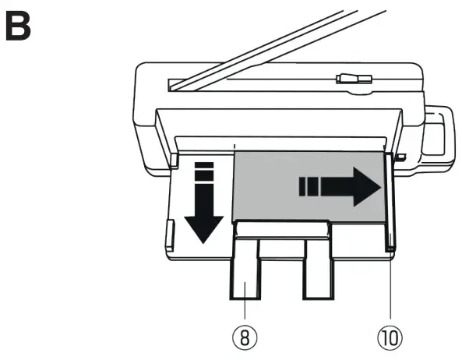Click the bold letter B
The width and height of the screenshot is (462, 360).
(x=19, y=26)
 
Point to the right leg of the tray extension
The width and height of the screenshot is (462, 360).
(x=317, y=269)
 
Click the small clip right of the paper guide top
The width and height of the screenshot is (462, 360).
(x=400, y=158)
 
